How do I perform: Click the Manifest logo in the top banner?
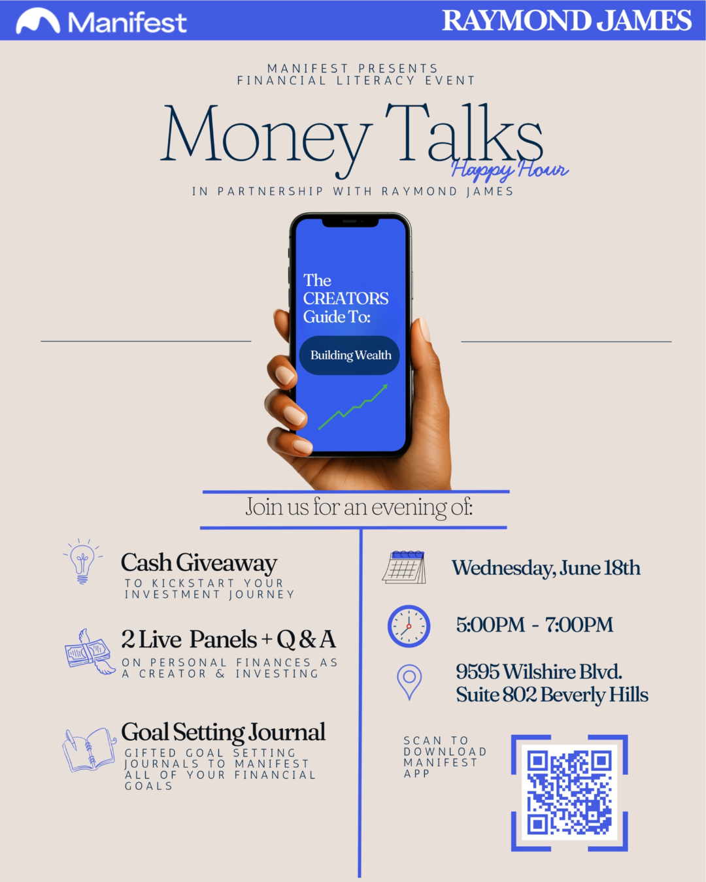pyautogui.click(x=101, y=22)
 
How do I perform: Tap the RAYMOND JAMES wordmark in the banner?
pyautogui.click(x=567, y=20)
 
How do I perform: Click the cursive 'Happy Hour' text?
pyautogui.click(x=510, y=169)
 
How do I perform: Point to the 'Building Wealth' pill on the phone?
pyautogui.click(x=350, y=355)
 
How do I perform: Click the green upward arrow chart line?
pyautogui.click(x=353, y=406)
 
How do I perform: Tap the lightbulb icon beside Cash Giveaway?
pyautogui.click(x=83, y=561)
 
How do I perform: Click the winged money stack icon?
pyautogui.click(x=90, y=651)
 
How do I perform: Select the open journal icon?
pyautogui.click(x=90, y=749)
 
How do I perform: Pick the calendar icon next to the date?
pyautogui.click(x=405, y=567)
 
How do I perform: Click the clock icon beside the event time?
pyautogui.click(x=409, y=627)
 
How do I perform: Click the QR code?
pyautogui.click(x=569, y=793)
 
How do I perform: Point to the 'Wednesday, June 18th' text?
pyautogui.click(x=546, y=568)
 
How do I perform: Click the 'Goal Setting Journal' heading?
pyautogui.click(x=224, y=733)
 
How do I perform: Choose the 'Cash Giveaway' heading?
pyautogui.click(x=199, y=563)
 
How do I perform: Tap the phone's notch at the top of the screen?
pyautogui.click(x=350, y=222)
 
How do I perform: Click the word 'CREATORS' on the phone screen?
pyautogui.click(x=346, y=299)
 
